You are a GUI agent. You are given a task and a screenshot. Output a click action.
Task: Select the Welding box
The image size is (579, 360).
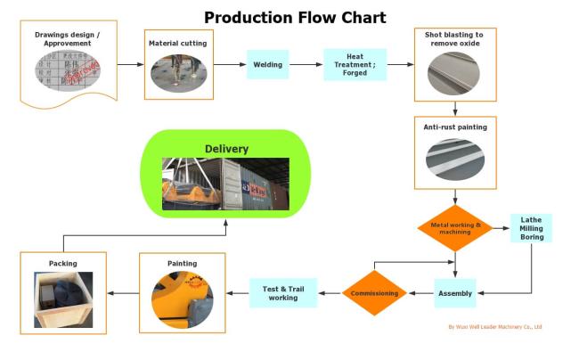pos(268,64)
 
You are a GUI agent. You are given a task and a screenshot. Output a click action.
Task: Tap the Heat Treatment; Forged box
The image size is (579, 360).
pos(355,64)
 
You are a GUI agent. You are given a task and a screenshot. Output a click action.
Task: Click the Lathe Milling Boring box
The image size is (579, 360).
pos(531,228)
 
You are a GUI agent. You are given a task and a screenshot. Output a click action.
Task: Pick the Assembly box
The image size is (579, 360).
pos(455,292)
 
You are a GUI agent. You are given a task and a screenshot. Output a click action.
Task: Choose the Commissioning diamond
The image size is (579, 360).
pos(374,292)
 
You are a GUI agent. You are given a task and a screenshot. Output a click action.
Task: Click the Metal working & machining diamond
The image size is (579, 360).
pos(455,227)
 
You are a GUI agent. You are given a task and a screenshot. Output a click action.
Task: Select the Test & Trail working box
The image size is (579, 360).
pos(283,292)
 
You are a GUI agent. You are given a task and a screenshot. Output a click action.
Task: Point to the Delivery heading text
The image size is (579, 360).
pos(226,149)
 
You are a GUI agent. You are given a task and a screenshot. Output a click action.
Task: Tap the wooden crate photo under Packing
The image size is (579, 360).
pos(62,298)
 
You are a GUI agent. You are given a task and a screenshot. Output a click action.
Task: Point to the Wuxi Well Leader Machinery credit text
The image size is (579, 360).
pos(494,327)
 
